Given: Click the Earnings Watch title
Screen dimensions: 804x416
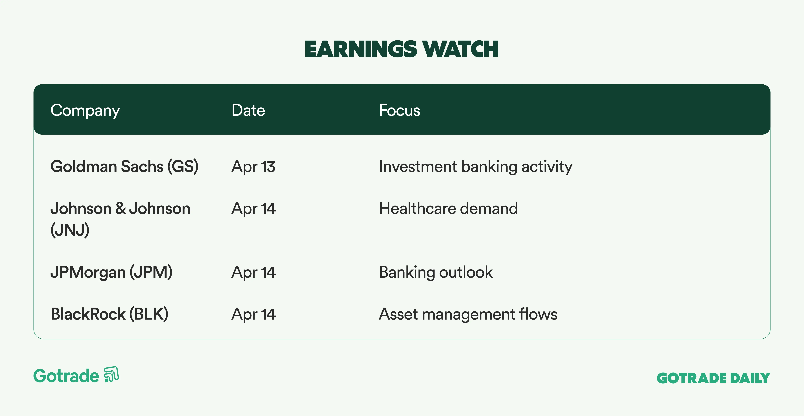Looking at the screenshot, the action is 402,49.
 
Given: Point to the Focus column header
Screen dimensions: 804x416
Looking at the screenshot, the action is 399,110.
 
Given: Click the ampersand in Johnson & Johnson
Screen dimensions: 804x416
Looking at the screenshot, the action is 120,208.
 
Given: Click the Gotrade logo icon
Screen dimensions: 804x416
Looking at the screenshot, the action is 111,374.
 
